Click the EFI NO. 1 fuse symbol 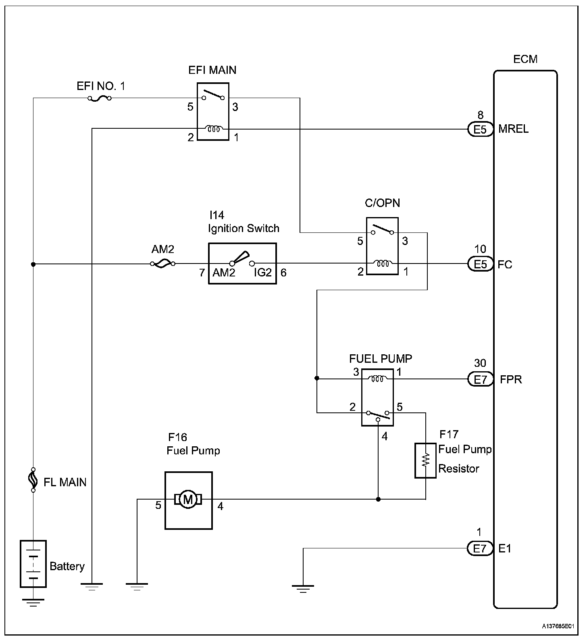pyautogui.click(x=99, y=98)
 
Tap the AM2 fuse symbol pyautogui.click(x=162, y=264)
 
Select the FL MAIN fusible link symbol pyautogui.click(x=33, y=480)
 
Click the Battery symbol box pyautogui.click(x=33, y=564)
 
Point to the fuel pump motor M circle pyautogui.click(x=188, y=500)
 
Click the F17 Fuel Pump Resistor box pyautogui.click(x=425, y=460)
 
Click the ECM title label pyautogui.click(x=525, y=59)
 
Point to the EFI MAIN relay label pyautogui.click(x=212, y=70)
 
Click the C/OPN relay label pyautogui.click(x=383, y=203)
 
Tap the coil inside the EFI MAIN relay pyautogui.click(x=213, y=129)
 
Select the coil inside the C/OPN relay pyautogui.click(x=382, y=264)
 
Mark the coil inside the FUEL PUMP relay pyautogui.click(x=378, y=379)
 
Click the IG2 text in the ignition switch pyautogui.click(x=263, y=273)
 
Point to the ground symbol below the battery pyautogui.click(x=33, y=603)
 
